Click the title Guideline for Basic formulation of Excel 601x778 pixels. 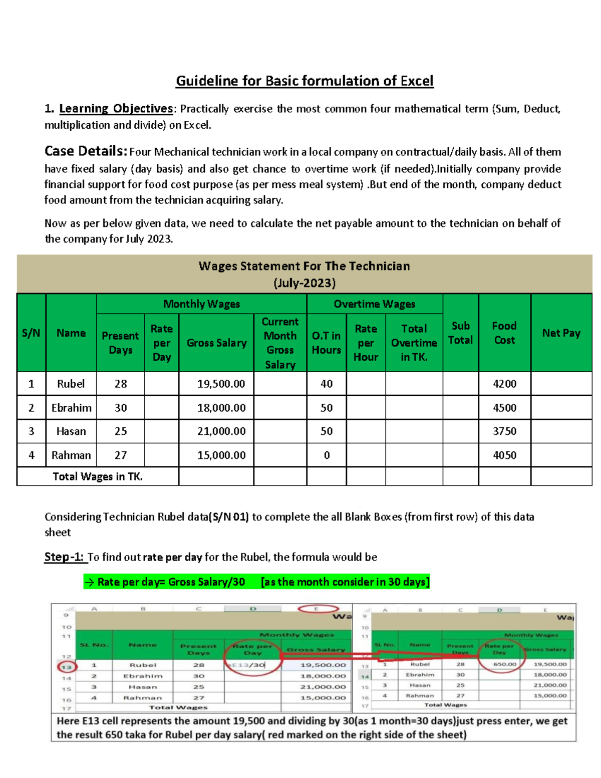tap(305, 81)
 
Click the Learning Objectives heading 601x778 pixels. tap(116, 109)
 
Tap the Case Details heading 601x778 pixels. tap(86, 151)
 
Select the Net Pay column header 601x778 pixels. tap(561, 333)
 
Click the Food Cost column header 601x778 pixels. tap(504, 333)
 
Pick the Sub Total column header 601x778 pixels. tap(460, 333)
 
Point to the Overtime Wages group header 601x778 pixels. tap(374, 304)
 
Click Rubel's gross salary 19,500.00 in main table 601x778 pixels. tap(221, 384)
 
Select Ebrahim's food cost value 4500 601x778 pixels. tap(504, 408)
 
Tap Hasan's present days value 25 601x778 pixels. tap(121, 431)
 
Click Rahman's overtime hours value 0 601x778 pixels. tap(327, 455)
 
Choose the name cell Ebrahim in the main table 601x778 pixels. tap(71, 408)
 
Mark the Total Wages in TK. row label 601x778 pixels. tap(98, 476)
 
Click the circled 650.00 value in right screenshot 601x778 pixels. tap(501, 664)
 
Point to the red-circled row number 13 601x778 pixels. tap(67, 667)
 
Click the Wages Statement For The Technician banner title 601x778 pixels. tap(304, 266)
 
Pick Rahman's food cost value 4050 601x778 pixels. tap(504, 455)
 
